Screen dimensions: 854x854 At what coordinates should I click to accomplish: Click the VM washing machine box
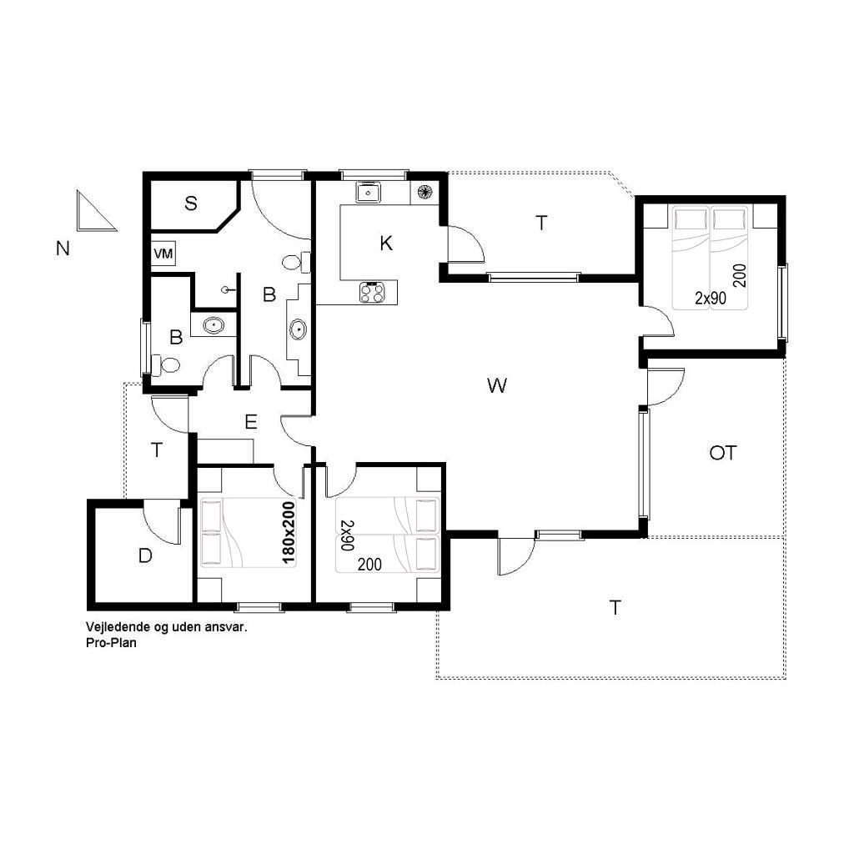click(x=163, y=254)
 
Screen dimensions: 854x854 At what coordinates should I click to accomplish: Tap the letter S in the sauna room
click(x=191, y=203)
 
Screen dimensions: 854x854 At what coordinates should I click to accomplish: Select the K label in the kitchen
click(x=386, y=244)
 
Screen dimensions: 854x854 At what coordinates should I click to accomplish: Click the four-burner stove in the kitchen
click(x=372, y=293)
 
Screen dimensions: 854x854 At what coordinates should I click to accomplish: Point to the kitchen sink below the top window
click(x=369, y=193)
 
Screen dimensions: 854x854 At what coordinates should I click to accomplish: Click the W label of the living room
click(x=497, y=385)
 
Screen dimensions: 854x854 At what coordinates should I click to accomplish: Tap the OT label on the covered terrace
click(x=723, y=453)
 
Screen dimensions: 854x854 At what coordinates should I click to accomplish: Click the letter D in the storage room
click(x=145, y=556)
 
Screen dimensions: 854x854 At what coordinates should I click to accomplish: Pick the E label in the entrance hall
click(x=250, y=422)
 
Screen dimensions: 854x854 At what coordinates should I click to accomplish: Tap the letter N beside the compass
click(x=63, y=249)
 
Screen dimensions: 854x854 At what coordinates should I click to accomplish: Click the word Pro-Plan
click(x=111, y=643)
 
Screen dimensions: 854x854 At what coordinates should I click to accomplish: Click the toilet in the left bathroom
click(x=166, y=364)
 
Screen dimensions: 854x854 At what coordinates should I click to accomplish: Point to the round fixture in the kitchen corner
click(x=424, y=192)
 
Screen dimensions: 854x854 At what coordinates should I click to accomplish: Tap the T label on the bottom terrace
click(x=615, y=607)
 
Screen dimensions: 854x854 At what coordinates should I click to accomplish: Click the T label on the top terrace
click(x=540, y=223)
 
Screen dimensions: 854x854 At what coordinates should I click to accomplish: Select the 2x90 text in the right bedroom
click(x=711, y=298)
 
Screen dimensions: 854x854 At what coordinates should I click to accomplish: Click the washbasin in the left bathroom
click(x=213, y=326)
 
